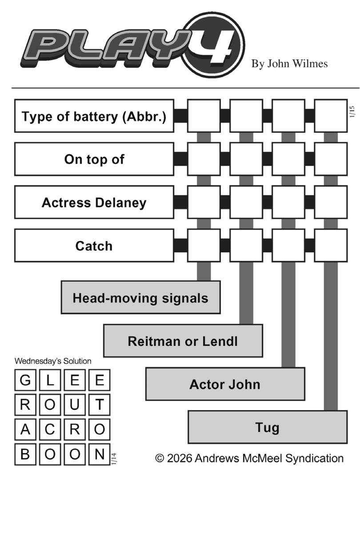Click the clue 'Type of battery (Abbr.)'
point(94,116)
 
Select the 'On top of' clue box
point(94,159)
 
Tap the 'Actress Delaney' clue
point(94,202)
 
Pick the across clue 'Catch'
point(94,245)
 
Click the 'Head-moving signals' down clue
point(140,297)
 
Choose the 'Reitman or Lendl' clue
point(183,341)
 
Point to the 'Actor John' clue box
point(225,384)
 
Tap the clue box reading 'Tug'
point(267,427)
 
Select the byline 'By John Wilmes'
point(289,64)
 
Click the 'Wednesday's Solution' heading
point(53,361)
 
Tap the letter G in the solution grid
point(26,381)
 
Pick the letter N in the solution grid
point(100,454)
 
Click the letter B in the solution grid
point(26,454)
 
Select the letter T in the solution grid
point(100,405)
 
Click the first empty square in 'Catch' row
point(204,245)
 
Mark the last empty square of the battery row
point(331,116)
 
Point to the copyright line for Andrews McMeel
point(249,458)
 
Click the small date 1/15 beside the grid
point(352,112)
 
